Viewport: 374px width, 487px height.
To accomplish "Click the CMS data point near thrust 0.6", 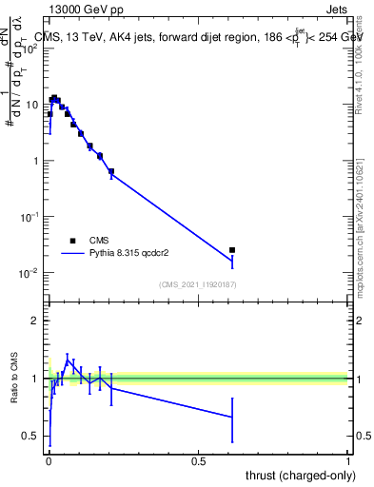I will tap(232, 250).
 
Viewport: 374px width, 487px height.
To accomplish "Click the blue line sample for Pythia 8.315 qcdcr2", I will tap(73, 254).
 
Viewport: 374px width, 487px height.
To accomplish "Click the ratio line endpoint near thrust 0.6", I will tap(232, 417).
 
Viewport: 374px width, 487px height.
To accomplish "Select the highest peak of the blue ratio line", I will tap(68, 360).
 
